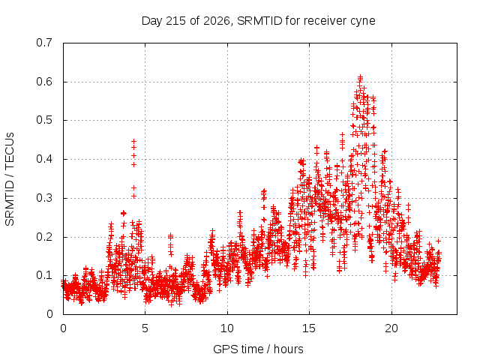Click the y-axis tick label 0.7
tap(44, 43)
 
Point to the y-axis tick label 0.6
tap(44, 82)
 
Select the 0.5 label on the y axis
tap(44, 120)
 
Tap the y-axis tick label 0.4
tap(44, 159)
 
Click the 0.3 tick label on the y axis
tap(44, 198)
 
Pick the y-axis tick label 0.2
tap(44, 237)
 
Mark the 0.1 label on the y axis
tap(44, 275)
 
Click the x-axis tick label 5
tap(145, 328)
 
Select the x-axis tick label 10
tap(227, 328)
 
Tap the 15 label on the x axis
tap(309, 328)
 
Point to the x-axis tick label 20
tap(391, 328)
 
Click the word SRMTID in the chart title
tap(259, 21)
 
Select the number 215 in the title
tap(175, 21)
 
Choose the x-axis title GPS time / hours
tap(258, 349)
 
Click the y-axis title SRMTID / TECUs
tap(10, 179)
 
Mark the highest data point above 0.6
tap(360, 76)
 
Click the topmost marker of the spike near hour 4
tap(133, 141)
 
